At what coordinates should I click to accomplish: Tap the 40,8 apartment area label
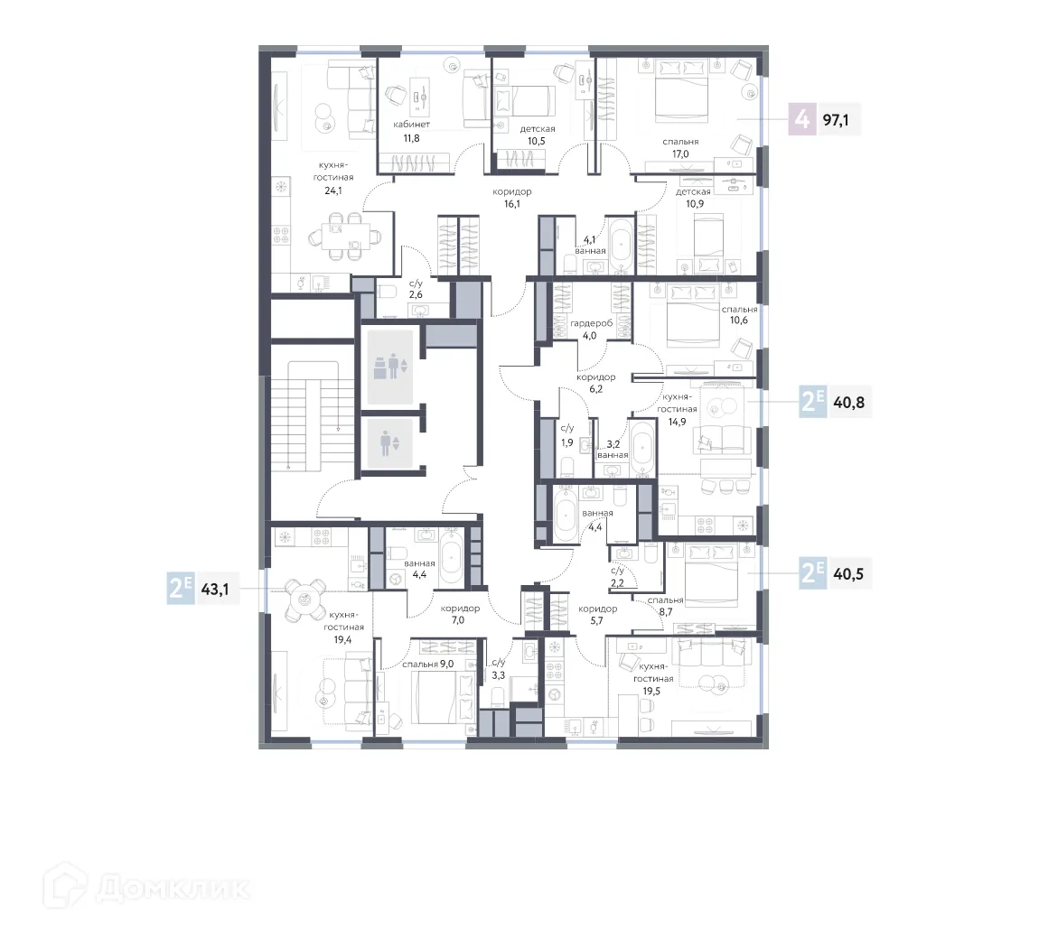[847, 403]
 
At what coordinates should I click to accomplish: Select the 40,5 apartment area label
[847, 572]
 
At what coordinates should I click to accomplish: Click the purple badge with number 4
[800, 118]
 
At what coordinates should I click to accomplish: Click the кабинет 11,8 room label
[411, 131]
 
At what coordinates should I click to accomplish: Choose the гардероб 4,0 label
[590, 330]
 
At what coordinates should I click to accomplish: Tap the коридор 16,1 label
[511, 198]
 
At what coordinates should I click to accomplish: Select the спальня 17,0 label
[679, 148]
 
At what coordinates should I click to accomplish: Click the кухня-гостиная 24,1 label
[334, 178]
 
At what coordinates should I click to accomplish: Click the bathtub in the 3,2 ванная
[641, 448]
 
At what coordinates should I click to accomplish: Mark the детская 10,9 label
[693, 198]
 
